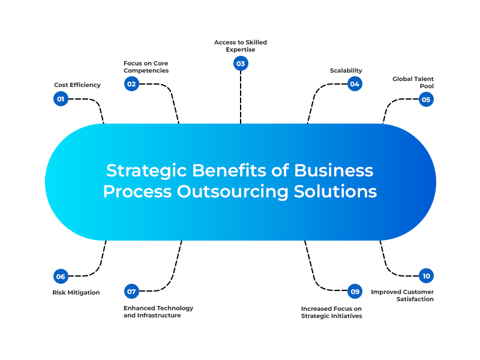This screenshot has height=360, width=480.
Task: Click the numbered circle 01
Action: click(x=61, y=99)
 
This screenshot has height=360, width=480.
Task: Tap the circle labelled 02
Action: click(x=131, y=84)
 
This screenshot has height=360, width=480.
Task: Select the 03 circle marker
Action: click(x=241, y=64)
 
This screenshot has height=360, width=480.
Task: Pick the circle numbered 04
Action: click(x=355, y=84)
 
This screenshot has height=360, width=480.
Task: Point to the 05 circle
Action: click(x=426, y=100)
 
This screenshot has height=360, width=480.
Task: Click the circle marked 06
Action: click(x=61, y=277)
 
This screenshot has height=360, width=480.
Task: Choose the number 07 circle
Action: click(x=131, y=292)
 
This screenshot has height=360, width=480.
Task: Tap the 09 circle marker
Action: click(x=355, y=292)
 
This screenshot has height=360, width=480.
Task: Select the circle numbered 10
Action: click(x=426, y=276)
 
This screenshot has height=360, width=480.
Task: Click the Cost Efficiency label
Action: click(x=77, y=85)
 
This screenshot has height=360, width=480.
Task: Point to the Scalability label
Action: click(x=346, y=71)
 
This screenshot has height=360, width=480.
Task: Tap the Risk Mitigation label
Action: click(x=77, y=293)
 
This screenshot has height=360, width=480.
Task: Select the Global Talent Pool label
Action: click(x=413, y=82)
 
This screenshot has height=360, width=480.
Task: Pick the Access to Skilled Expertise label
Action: click(x=241, y=46)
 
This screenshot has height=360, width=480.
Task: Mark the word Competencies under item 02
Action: click(x=146, y=71)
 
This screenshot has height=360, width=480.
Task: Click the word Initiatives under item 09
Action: click(x=344, y=316)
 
